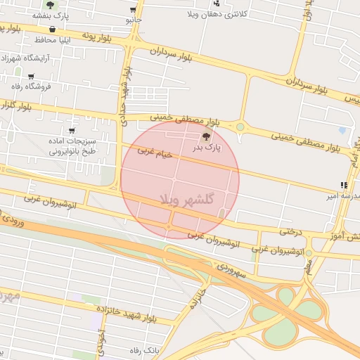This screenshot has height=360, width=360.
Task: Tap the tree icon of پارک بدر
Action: point(206,136)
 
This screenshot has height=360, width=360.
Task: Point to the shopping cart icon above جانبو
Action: point(133,10)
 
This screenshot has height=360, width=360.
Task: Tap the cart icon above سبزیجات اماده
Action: point(72,131)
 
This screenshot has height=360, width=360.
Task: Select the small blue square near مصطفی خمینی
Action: point(342,130)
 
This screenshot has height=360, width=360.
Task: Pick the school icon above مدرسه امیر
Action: point(343,185)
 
